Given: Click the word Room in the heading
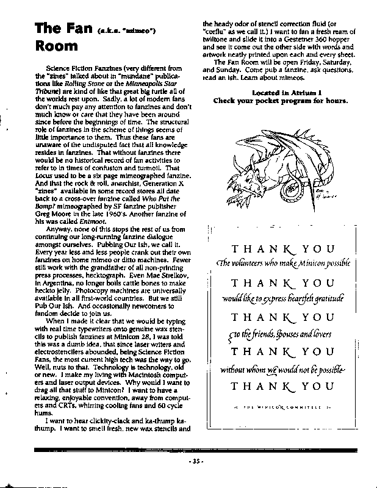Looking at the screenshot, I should (56, 46).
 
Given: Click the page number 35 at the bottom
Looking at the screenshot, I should (195, 461).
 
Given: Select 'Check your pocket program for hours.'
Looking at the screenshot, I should (280, 101).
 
